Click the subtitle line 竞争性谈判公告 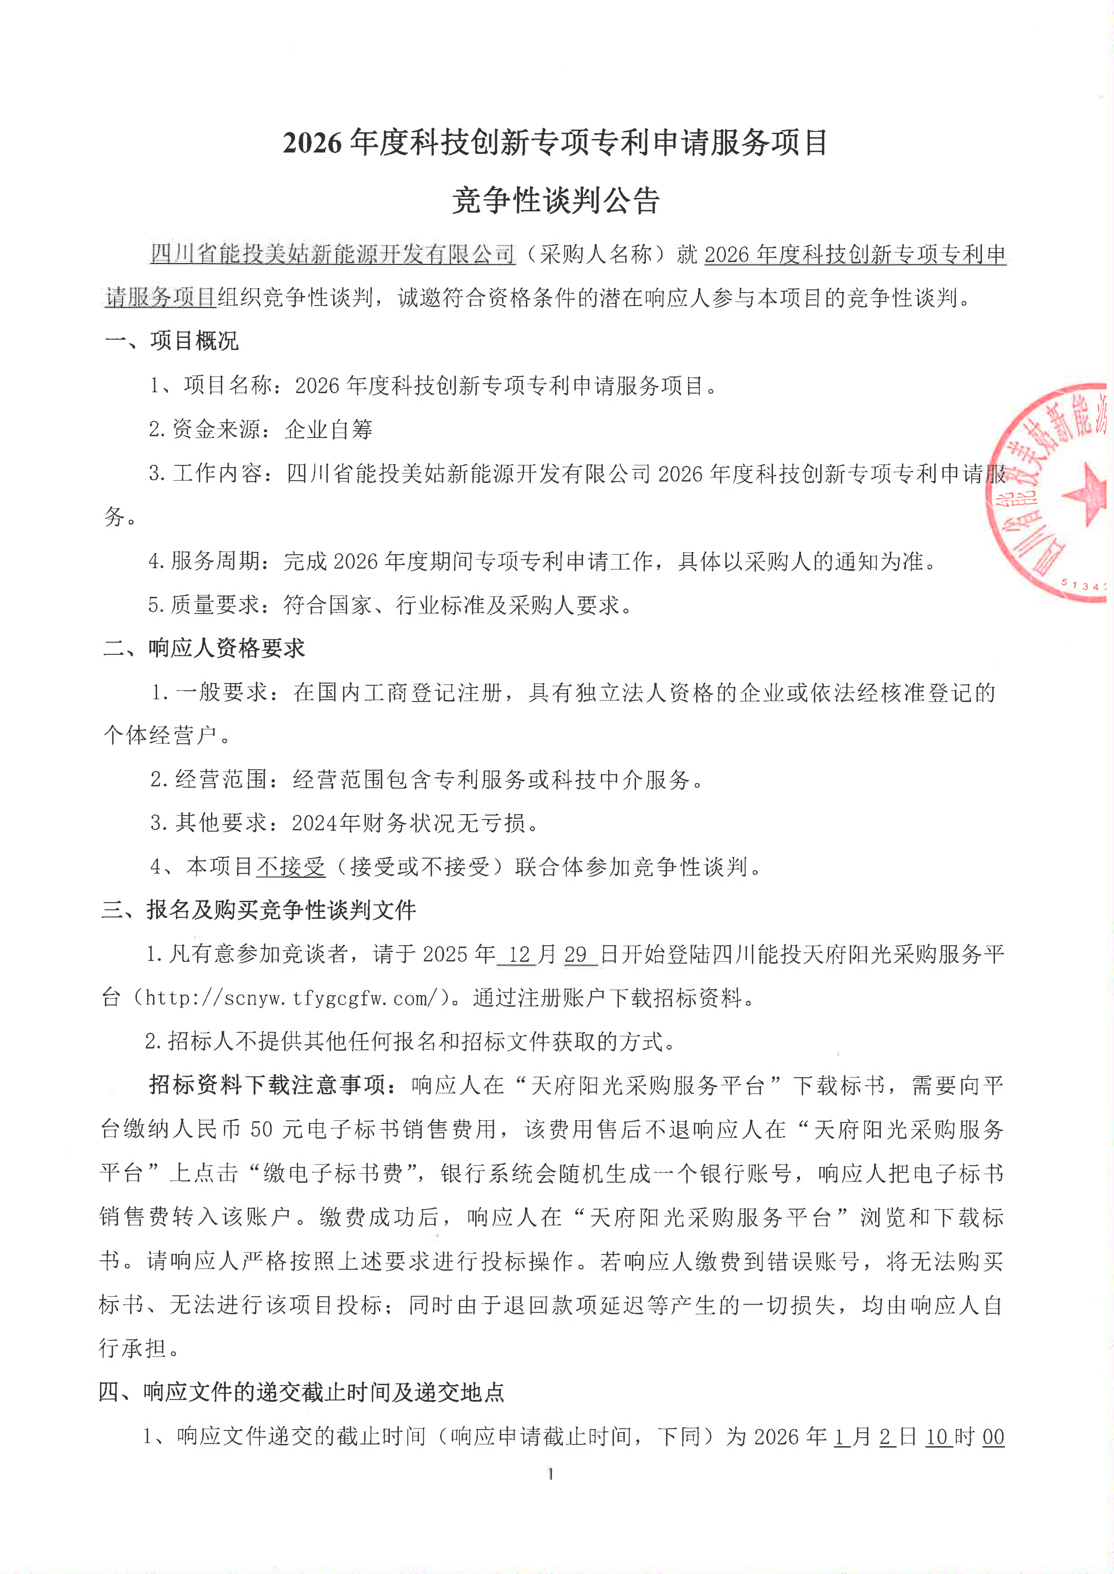(x=556, y=201)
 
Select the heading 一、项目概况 (x=172, y=341)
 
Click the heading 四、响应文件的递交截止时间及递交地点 (x=302, y=1392)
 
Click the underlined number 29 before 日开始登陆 (x=576, y=954)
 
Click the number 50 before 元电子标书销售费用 (x=262, y=1129)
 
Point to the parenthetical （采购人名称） (x=595, y=254)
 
